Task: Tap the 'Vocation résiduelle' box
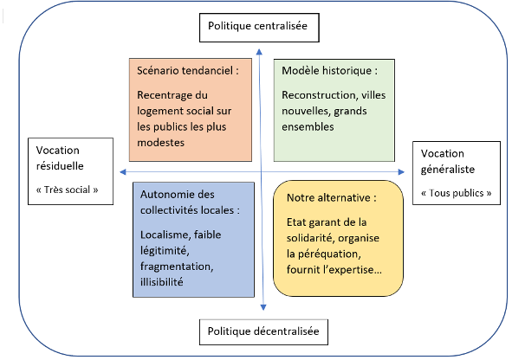(x=71, y=171)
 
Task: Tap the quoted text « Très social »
(x=68, y=189)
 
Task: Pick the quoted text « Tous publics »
(x=456, y=193)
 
